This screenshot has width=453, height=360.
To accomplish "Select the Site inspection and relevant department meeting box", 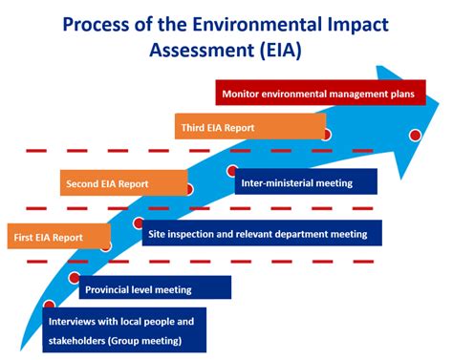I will click(263, 233).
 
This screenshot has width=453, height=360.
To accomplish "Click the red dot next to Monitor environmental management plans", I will click(415, 135).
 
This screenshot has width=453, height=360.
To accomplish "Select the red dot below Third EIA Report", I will click(325, 135).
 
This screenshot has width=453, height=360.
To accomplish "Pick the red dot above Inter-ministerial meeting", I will click(232, 171).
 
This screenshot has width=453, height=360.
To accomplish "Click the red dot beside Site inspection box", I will click(139, 223).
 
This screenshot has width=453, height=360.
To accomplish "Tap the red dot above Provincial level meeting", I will click(75, 278).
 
